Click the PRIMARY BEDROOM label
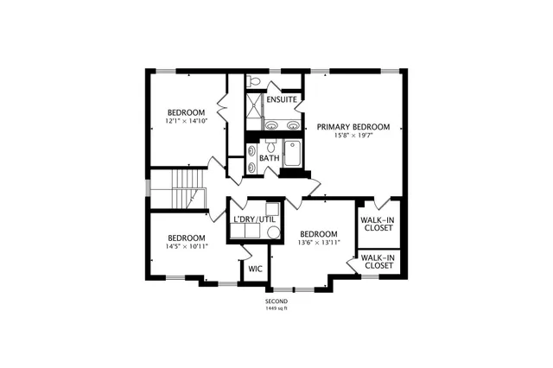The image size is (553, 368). (x=353, y=126)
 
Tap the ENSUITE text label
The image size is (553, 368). (x=282, y=100)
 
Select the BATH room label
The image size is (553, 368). (x=269, y=158)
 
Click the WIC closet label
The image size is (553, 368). (x=255, y=269)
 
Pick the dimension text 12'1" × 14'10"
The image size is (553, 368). (x=186, y=121)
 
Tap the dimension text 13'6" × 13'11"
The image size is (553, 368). (x=318, y=243)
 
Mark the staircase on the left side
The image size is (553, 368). (x=185, y=188)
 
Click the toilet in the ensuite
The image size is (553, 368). (x=253, y=80)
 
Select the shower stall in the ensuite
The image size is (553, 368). (x=254, y=107)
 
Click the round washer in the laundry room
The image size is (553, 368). (x=272, y=232)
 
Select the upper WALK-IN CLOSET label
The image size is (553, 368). (x=378, y=225)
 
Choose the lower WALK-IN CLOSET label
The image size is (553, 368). (x=378, y=262)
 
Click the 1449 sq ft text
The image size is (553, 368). (x=276, y=308)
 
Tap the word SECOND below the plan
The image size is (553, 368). (x=276, y=301)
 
